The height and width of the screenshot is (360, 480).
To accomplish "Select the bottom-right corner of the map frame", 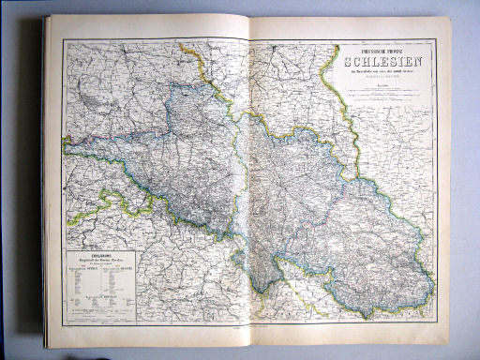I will [x=437, y=323].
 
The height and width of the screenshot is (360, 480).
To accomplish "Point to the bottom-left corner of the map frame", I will [x=62, y=324].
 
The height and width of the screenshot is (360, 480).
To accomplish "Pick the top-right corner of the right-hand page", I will [x=451, y=21].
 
